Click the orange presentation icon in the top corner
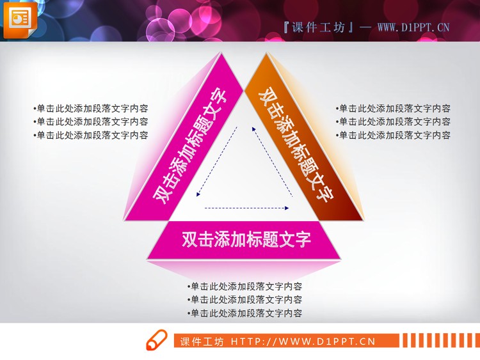point(19,19)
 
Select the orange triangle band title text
point(295,145)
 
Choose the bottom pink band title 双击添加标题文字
point(246,239)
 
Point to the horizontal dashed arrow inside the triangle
point(246,208)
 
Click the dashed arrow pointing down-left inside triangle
point(217,160)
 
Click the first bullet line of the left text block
point(91,109)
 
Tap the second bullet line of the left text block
point(91,121)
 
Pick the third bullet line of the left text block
point(91,135)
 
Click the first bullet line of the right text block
point(393,109)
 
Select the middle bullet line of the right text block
point(393,121)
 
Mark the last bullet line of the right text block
point(393,135)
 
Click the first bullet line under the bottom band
point(245,286)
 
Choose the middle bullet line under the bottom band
point(245,299)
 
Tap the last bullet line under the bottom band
point(245,313)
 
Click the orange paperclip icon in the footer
point(156,341)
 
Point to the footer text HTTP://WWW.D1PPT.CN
point(302,341)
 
